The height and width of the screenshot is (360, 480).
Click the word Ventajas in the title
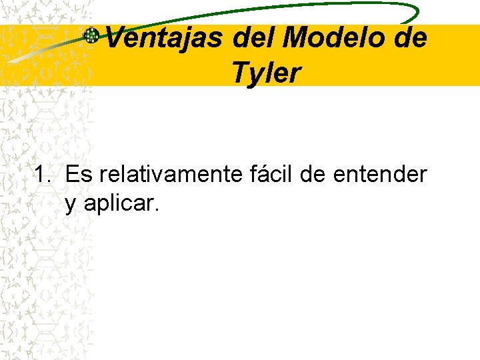coord(163,39)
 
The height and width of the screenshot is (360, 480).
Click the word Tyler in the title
coord(267,73)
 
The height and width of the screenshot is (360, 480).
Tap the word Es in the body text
coord(79,175)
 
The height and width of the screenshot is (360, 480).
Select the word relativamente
coord(169,175)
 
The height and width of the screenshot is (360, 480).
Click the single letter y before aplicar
coord(71,205)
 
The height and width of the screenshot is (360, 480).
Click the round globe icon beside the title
coord(91,37)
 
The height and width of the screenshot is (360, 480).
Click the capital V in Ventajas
coord(114,38)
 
